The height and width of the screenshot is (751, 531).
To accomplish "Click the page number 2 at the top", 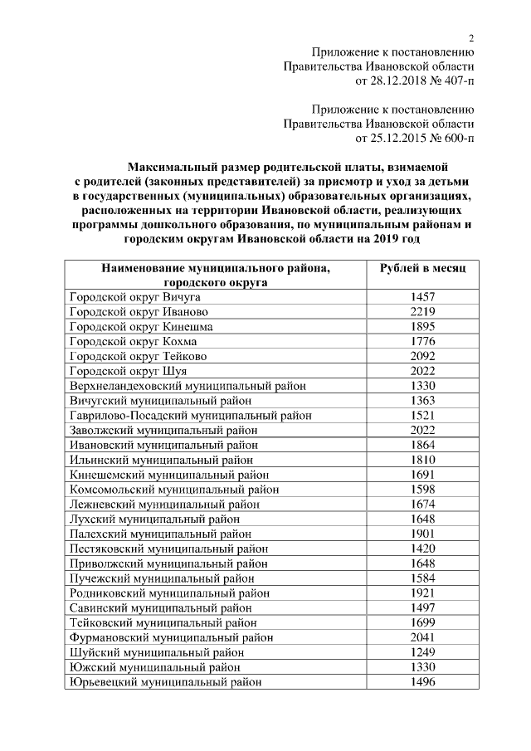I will tap(471, 37).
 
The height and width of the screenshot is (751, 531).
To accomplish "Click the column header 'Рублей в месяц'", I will tap(422, 268).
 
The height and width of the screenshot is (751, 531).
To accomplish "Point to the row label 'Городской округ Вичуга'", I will tap(134, 297).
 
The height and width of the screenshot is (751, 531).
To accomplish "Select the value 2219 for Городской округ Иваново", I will tap(422, 312).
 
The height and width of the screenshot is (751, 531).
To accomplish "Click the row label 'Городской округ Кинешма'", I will tap(141, 327).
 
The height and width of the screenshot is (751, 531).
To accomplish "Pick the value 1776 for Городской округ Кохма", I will tap(422, 341).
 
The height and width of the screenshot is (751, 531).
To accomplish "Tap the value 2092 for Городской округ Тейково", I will tap(422, 356).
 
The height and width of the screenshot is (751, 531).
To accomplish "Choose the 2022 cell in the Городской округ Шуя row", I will tap(422, 371).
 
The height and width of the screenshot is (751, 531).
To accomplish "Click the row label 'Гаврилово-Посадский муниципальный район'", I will tap(191, 415).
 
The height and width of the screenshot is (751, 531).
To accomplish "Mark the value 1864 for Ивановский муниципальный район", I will tap(422, 445).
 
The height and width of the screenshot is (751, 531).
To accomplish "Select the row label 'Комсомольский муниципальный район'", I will tap(174, 490).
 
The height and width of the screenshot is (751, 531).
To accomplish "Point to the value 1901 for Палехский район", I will tap(422, 534).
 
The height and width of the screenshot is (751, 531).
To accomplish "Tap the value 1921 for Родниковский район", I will tap(422, 593).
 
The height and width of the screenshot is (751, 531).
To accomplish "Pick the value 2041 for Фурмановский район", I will tap(422, 637).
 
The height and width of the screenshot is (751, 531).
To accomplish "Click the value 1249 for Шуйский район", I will tap(422, 652).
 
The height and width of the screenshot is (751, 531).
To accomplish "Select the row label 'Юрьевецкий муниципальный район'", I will tap(165, 682).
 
